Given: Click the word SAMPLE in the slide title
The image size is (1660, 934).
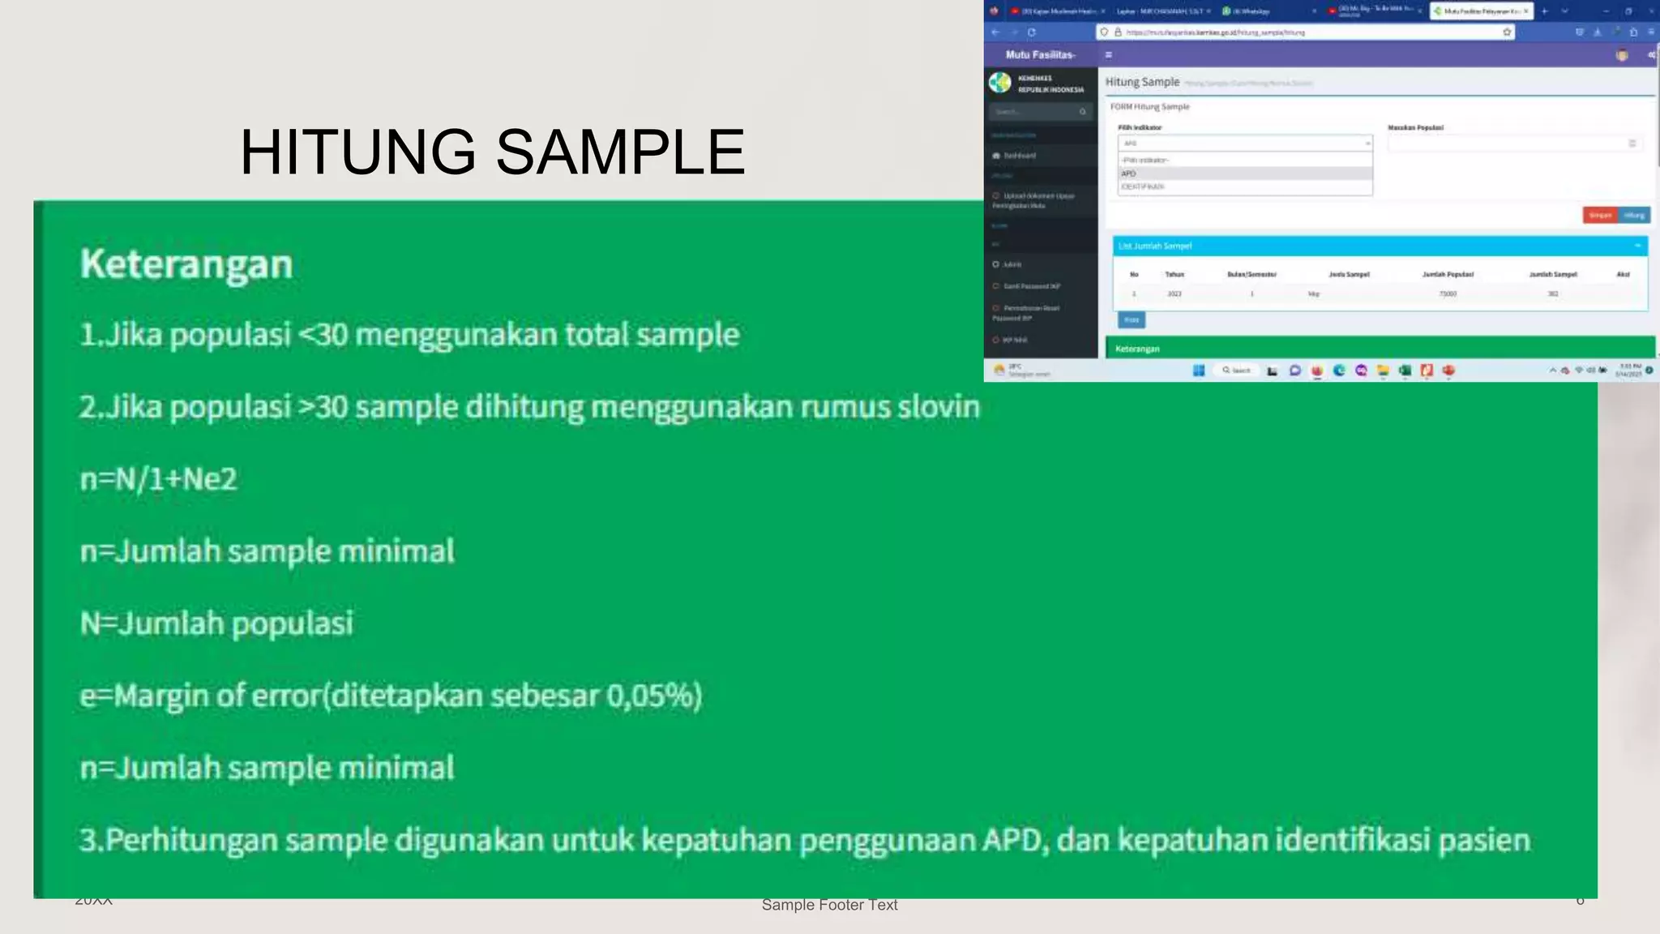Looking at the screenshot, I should [620, 152].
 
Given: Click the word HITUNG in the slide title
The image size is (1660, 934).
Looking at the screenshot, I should [357, 152].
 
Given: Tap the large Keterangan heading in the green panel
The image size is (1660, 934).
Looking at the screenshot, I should [186, 264].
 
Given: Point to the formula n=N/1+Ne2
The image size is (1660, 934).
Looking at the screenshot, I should [159, 479].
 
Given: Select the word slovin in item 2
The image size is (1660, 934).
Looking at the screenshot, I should [939, 406].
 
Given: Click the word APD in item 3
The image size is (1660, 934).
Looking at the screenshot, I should [1011, 840].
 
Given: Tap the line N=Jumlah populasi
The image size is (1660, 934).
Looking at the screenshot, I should [216, 623].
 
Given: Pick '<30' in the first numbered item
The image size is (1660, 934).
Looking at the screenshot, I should [323, 335].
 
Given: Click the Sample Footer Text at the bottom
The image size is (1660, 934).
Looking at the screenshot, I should [829, 905].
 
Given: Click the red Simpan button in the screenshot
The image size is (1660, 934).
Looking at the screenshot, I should [1600, 215].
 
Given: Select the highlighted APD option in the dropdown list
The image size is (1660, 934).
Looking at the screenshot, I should [1129, 174].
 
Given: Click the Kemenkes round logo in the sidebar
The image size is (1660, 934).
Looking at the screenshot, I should [1000, 83].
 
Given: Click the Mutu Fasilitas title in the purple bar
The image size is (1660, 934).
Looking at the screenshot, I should [1040, 54].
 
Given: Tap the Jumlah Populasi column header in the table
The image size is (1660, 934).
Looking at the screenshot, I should [1448, 275].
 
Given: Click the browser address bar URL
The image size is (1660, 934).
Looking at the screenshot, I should [1215, 32].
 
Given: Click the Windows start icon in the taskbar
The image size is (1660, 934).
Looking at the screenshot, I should [1198, 371].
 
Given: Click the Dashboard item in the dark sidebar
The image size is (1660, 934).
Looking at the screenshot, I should [1019, 156].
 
